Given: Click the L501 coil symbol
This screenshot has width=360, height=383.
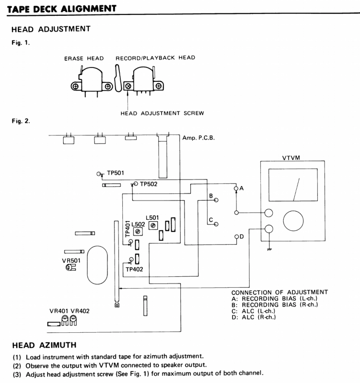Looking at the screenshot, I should coord(153,225).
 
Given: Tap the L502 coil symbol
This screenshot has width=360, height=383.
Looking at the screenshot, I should coord(138,231).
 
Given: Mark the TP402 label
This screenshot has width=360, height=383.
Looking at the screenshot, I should coord(135,269).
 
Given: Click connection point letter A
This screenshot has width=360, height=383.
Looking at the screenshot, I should coord(242,189).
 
